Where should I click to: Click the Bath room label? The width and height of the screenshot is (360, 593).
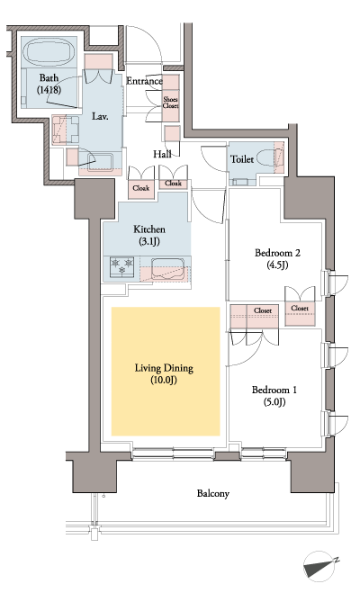click(x=49, y=77)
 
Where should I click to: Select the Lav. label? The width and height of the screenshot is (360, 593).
click(x=99, y=117)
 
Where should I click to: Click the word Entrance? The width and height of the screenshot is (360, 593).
click(x=144, y=81)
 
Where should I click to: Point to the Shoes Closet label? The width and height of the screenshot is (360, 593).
click(x=170, y=102)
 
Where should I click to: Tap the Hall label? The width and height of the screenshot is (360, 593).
click(x=162, y=154)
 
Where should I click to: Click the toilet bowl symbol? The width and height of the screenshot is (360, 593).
click(x=267, y=157)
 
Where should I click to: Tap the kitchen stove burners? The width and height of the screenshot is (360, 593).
click(x=121, y=267)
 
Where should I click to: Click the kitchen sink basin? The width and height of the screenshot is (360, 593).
click(x=167, y=267)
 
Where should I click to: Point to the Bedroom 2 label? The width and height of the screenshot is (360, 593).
click(x=276, y=253)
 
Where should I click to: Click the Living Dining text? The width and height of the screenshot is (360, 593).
click(x=165, y=368)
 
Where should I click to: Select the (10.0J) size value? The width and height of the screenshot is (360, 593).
click(x=165, y=382)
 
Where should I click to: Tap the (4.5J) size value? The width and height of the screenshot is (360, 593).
click(x=276, y=265)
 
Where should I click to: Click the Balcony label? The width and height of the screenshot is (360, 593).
click(x=213, y=493)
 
